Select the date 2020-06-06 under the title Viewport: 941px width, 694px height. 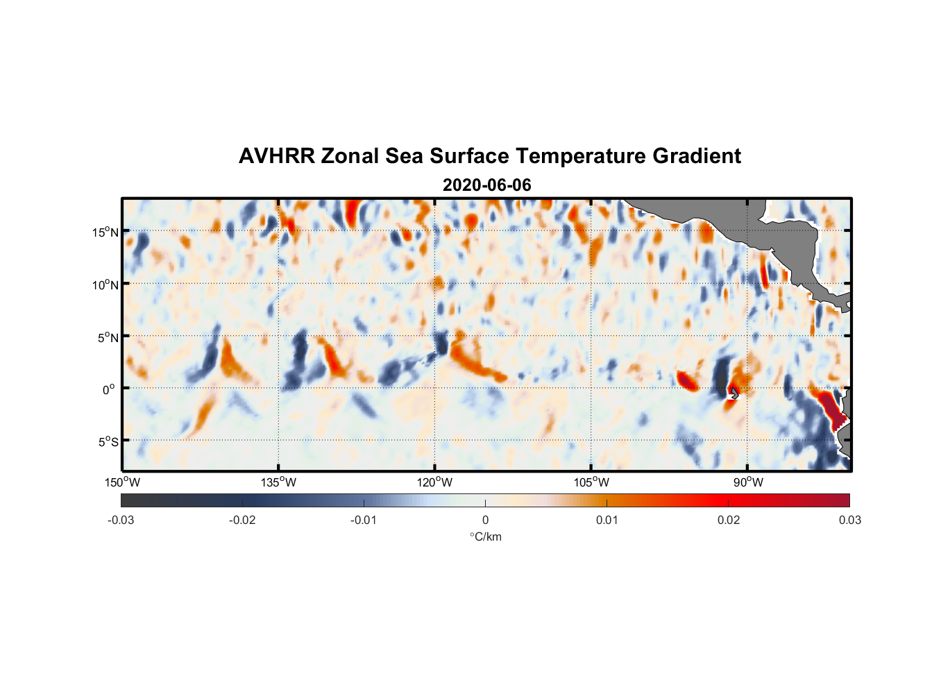point(486,185)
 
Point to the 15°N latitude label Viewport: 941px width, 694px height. point(105,232)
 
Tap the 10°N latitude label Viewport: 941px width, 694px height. point(105,285)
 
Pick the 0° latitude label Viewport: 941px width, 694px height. point(110,389)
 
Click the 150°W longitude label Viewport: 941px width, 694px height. point(123,482)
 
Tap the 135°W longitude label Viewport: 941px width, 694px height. point(279,482)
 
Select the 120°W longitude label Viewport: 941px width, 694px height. point(435,482)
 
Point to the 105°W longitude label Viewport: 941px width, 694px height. point(591,482)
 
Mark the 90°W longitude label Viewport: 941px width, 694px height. point(747,482)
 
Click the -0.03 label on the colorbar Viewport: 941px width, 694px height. point(121,520)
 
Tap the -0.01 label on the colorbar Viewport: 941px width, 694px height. point(364,520)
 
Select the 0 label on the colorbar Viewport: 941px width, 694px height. point(485,520)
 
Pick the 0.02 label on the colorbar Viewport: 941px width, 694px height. point(729,520)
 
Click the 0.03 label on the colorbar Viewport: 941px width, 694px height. point(849,520)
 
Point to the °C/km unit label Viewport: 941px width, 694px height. point(485,536)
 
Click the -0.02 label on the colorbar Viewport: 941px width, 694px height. point(242,520)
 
